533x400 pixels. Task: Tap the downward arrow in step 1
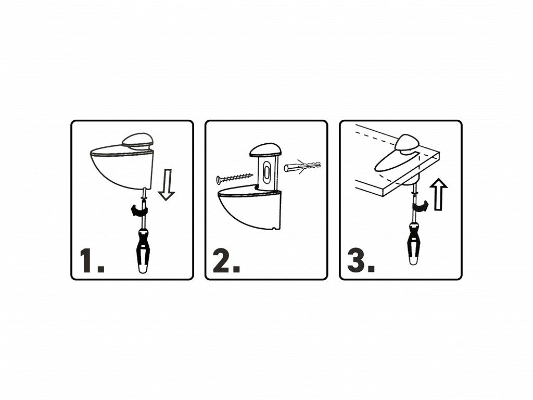pyautogui.click(x=167, y=185)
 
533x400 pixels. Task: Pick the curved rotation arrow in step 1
pyautogui.click(x=139, y=210)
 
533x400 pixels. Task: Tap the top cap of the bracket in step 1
pyautogui.click(x=137, y=142)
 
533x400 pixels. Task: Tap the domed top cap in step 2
pyautogui.click(x=265, y=151)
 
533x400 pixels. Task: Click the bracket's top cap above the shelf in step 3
pyautogui.click(x=408, y=143)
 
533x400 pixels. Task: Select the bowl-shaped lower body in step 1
pyautogui.click(x=121, y=168)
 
